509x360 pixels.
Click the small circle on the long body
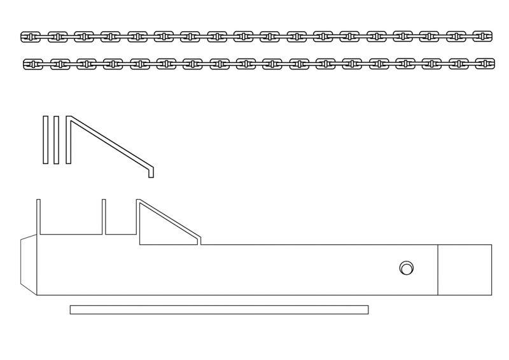406,268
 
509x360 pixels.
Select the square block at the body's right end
464,270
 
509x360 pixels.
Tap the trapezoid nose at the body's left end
29,264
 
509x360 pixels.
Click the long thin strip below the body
219,310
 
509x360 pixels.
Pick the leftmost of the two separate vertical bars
46,140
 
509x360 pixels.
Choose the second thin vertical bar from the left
57,140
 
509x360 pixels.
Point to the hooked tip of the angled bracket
151,172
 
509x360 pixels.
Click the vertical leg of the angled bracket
68,140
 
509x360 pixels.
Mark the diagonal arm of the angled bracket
108,142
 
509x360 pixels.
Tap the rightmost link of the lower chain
485,64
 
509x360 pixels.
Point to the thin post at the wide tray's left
38,216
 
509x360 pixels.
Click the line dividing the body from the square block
438,270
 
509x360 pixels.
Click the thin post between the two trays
104,216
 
